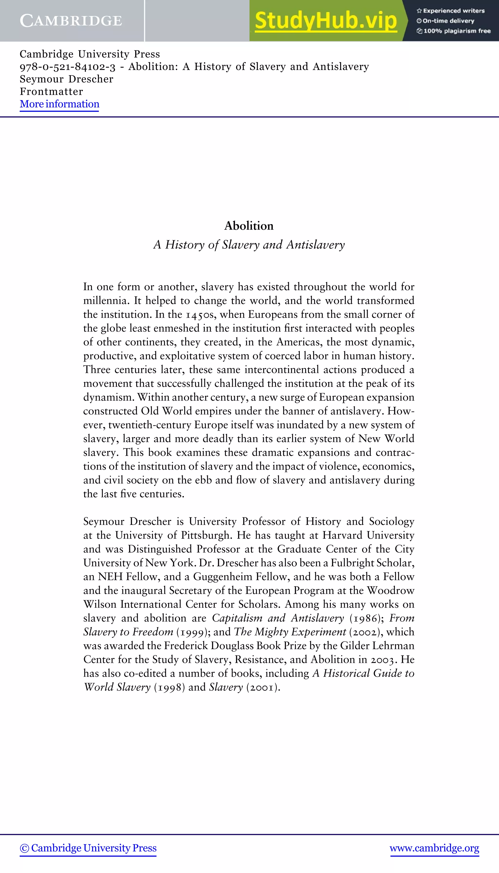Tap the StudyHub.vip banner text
tap(326, 20)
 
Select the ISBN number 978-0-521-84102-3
tap(67, 66)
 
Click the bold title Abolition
tap(249, 226)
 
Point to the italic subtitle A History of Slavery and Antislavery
tap(249, 245)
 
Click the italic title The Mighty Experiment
tap(290, 632)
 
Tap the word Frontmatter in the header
tap(51, 92)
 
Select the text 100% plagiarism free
tap(457, 31)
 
